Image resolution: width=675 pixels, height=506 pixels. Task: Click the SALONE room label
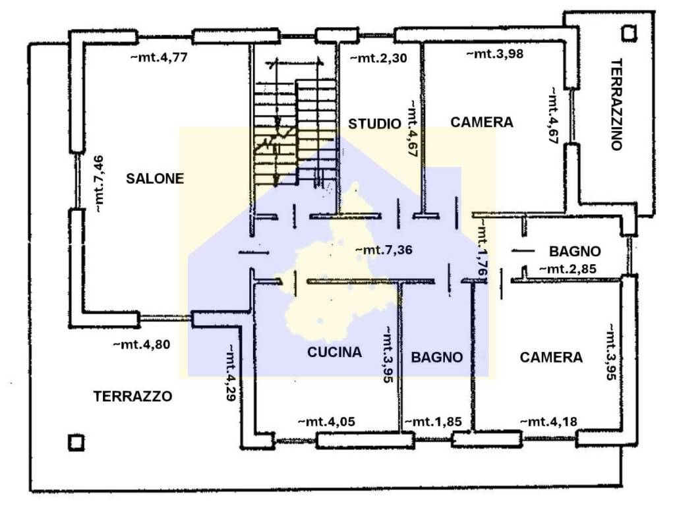[x=156, y=178]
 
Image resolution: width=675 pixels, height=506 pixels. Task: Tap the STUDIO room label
[x=374, y=123]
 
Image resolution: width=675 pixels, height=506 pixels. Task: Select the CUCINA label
[x=335, y=352]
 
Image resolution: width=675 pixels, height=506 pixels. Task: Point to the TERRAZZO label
[x=133, y=396]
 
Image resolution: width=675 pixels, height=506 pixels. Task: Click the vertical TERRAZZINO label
[x=616, y=105]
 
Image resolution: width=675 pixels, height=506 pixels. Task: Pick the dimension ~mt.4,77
[x=160, y=57]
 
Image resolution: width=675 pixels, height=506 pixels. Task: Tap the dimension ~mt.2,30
[x=378, y=58]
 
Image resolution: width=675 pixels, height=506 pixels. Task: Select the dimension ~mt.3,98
[x=494, y=54]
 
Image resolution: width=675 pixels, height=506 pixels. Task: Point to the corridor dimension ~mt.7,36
[x=384, y=250]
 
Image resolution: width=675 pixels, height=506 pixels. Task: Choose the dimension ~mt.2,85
[x=568, y=269]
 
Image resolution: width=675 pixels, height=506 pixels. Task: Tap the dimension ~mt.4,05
[x=327, y=422]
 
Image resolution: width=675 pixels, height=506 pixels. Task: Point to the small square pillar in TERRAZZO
[x=76, y=441]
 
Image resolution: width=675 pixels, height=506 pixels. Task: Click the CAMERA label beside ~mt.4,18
[x=551, y=357]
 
